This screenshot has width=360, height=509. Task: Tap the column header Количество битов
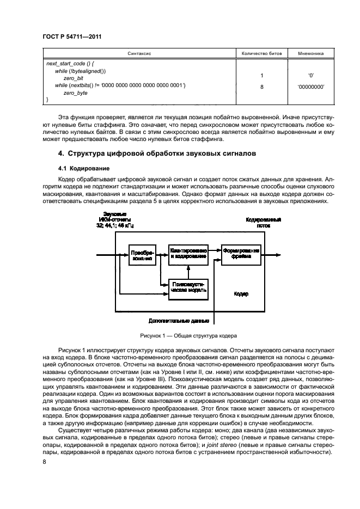(262, 54)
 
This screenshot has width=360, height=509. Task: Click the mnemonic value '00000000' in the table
(311, 86)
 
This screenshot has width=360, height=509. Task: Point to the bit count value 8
(262, 86)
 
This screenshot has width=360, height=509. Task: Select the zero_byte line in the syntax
(75, 93)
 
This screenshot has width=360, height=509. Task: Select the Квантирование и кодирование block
(188, 253)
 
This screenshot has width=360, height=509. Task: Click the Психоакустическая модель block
(188, 287)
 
